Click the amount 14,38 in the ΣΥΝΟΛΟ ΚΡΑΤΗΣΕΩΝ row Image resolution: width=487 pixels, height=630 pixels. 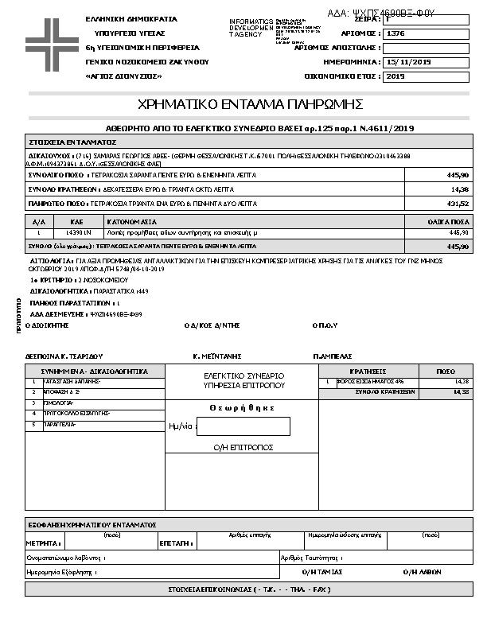pos(459,189)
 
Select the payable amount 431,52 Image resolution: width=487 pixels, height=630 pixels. pos(459,204)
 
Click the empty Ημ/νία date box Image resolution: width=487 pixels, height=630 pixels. pos(243,426)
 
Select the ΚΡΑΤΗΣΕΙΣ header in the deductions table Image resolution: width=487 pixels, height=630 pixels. pos(368,371)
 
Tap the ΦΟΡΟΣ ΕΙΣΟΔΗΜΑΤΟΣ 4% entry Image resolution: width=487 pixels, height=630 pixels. pos(362,382)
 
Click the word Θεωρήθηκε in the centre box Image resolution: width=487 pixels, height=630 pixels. pos(242,407)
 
